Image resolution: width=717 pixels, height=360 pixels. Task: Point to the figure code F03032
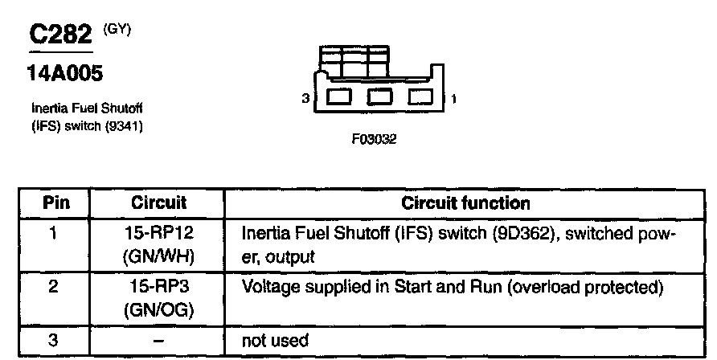pyautogui.click(x=375, y=138)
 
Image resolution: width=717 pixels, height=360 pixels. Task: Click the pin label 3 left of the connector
pyautogui.click(x=305, y=99)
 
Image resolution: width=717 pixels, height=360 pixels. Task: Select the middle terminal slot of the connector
pyautogui.click(x=379, y=98)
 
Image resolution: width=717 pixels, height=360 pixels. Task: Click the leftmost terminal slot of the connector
pyautogui.click(x=339, y=98)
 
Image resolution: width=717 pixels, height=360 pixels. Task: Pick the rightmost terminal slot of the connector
pyautogui.click(x=420, y=98)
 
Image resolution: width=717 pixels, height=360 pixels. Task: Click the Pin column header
pyautogui.click(x=53, y=203)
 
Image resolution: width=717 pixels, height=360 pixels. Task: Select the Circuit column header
pyautogui.click(x=158, y=203)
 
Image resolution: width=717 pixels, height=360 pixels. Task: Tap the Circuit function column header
pyautogui.click(x=465, y=203)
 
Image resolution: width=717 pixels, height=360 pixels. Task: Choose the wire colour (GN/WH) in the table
pyautogui.click(x=158, y=257)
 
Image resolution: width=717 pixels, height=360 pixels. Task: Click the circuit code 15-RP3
pyautogui.click(x=158, y=287)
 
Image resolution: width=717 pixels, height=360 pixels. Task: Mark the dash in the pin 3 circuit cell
pyautogui.click(x=158, y=341)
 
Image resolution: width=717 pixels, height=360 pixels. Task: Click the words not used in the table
pyautogui.click(x=275, y=341)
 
